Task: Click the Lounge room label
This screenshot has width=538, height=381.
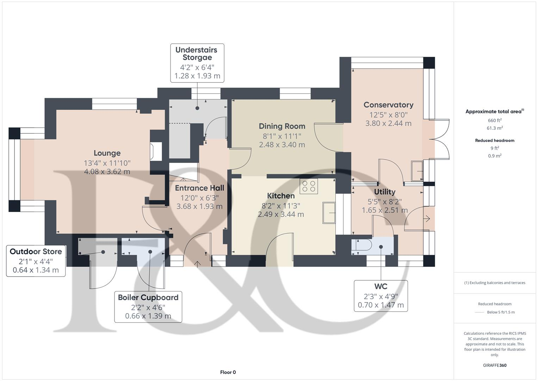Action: coord(107,153)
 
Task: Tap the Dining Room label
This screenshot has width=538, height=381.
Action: coord(282,126)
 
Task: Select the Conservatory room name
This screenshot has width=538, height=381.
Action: coord(388,105)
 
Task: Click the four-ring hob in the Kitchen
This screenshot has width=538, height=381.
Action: coord(309,186)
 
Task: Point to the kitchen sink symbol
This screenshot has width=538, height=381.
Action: coord(329,213)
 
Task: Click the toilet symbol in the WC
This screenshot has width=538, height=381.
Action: coord(361,246)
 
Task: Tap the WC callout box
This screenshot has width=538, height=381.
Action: coord(381,296)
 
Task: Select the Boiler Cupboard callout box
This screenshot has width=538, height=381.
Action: coord(148,306)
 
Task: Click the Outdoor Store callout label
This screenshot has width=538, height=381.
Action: coord(36,252)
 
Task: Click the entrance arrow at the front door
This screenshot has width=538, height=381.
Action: coord(197,263)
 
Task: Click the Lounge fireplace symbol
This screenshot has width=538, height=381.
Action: coord(155,151)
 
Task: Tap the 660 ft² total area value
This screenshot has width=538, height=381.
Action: coord(495,120)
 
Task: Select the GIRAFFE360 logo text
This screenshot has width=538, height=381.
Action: coord(495,365)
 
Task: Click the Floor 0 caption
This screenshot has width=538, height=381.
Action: coord(228,372)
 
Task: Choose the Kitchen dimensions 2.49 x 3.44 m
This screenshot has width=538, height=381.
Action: coord(281,214)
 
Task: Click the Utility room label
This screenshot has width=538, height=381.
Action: coord(384,192)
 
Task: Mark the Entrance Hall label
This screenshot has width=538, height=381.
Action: coord(199,188)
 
